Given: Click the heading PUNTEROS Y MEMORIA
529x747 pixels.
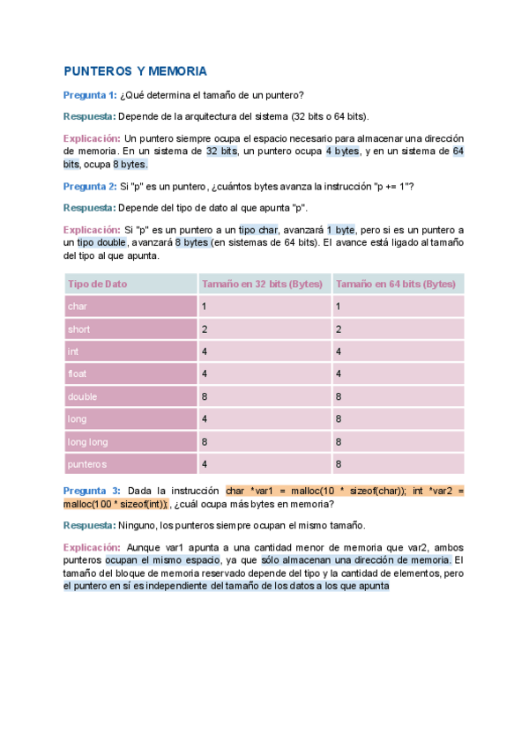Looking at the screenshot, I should [x=135, y=70].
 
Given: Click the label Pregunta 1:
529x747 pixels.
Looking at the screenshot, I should [x=89, y=95].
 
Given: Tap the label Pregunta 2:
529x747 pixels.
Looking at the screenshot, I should [x=89, y=186].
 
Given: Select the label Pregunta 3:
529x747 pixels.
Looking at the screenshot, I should [x=92, y=490].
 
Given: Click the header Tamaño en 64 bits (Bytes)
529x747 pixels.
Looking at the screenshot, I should [x=396, y=284].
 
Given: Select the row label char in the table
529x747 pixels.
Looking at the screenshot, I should [x=78, y=307].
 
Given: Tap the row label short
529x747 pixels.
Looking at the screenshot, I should [x=79, y=329].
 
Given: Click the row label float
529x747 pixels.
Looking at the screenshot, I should [x=78, y=373].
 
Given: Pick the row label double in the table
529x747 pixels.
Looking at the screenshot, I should [x=83, y=396].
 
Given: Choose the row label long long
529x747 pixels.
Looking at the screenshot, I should [x=87, y=441].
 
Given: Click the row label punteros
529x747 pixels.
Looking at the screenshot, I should [x=86, y=463].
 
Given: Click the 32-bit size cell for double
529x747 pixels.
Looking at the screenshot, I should [x=205, y=396].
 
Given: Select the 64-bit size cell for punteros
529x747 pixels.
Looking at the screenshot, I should [x=339, y=463].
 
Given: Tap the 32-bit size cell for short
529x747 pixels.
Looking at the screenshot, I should [x=205, y=329].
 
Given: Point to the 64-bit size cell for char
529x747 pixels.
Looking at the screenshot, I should [x=339, y=307].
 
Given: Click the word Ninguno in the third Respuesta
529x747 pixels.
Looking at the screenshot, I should [x=137, y=525].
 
